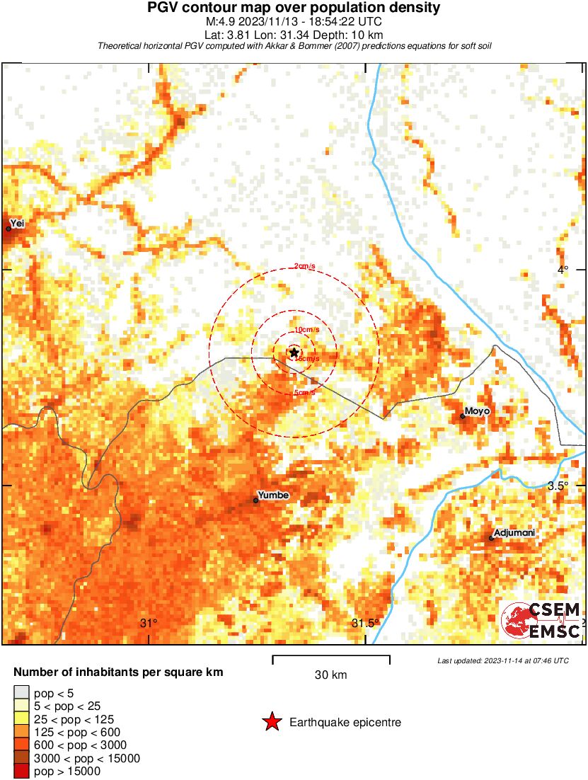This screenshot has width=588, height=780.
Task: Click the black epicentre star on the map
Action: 294,352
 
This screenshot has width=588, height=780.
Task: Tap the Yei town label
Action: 17,224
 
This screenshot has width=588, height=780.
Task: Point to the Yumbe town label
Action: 273,495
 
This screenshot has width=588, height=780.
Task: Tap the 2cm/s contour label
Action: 306,267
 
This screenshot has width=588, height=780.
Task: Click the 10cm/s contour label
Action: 306,330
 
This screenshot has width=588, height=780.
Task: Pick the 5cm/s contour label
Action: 304,392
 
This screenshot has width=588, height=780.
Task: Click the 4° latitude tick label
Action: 563,269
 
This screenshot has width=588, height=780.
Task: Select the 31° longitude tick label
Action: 149,624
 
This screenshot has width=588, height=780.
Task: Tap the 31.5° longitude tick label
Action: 366,624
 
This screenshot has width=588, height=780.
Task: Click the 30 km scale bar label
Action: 330,675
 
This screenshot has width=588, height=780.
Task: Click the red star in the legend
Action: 272,722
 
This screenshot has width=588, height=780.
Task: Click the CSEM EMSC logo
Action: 542,620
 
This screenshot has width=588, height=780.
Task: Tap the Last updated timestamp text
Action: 502,660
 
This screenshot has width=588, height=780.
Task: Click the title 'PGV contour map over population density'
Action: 294,8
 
